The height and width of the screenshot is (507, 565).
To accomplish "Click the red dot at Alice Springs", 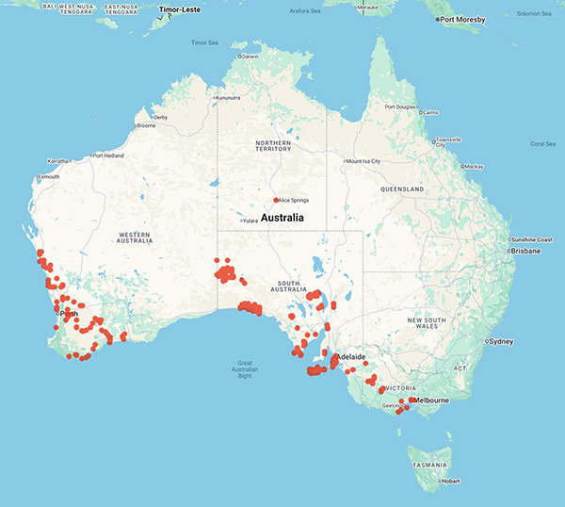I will click(x=276, y=200).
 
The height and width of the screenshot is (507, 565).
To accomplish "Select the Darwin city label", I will click(x=250, y=57).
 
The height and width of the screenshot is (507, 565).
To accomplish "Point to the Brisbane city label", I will click(x=526, y=252).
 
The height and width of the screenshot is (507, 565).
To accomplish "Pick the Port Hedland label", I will click(x=109, y=155).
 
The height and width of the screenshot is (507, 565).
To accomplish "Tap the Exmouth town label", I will click(x=47, y=176).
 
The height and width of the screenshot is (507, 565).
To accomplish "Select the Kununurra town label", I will click(x=228, y=98).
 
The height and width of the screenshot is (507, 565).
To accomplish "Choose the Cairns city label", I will click(x=430, y=112).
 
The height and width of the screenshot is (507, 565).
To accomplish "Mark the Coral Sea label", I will click(x=542, y=144).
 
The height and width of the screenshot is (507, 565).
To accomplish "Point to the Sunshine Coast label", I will click(x=535, y=239).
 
